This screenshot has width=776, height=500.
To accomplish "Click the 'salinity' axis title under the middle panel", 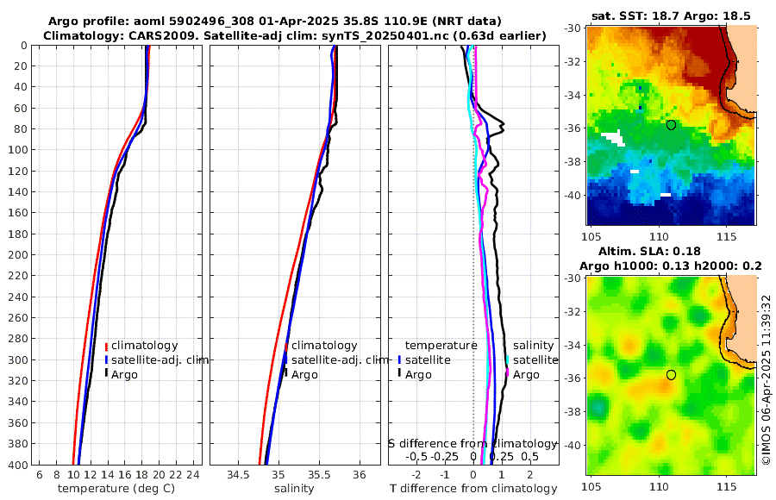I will click(x=294, y=489).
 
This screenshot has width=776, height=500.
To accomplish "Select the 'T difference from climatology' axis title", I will click(x=473, y=489).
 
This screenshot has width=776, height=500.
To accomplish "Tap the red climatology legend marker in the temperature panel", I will click(x=106, y=346).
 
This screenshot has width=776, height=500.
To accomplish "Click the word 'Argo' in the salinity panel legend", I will click(x=304, y=374).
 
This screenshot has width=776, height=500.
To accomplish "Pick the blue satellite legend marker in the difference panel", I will click(x=400, y=359).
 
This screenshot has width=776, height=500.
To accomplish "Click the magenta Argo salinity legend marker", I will click(x=508, y=374).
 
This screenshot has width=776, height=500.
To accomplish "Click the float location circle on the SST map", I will click(x=671, y=125).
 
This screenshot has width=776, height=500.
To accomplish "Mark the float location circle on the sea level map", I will click(x=671, y=375).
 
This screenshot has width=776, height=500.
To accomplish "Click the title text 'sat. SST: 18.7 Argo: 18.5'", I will click(x=671, y=16).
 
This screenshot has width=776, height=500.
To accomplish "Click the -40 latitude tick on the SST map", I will click(x=573, y=195).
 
